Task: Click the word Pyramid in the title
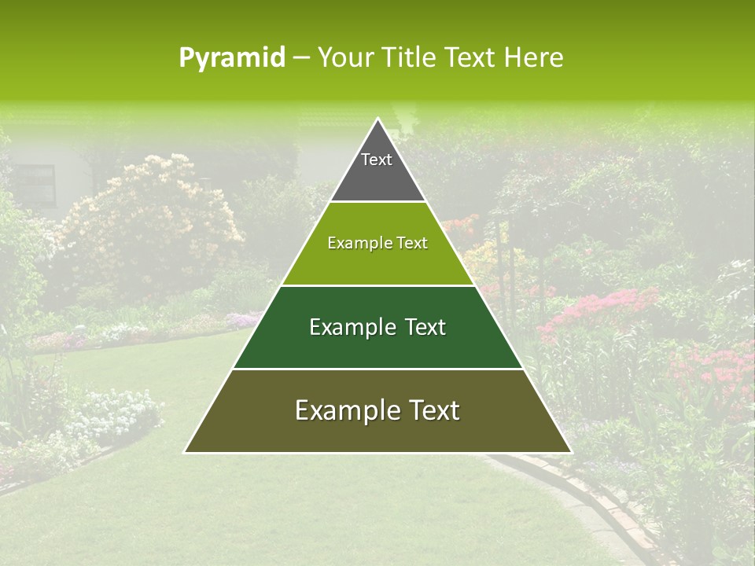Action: coord(231,58)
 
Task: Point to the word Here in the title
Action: coord(533,57)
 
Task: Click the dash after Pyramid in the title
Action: coord(300,58)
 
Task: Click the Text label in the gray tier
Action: coord(377,160)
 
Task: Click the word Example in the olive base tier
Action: coord(341,410)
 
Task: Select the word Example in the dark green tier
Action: coord(346,327)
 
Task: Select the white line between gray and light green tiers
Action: coord(377,202)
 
